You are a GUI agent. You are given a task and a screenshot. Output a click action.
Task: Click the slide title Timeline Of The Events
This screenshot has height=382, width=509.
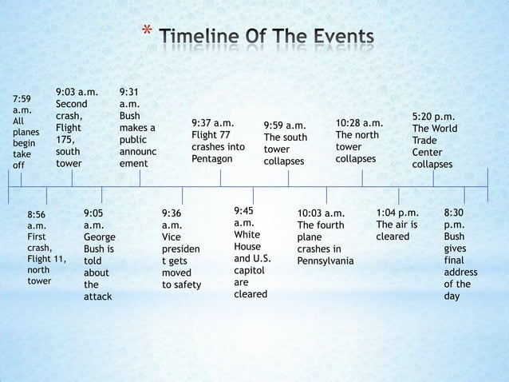[x=265, y=37]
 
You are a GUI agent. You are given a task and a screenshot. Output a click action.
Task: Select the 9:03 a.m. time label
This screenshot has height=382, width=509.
[x=77, y=92]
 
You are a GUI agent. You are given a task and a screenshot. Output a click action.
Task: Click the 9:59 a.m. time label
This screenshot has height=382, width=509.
[x=285, y=125]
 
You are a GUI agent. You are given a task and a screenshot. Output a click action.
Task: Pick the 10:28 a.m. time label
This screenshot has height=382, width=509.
[x=359, y=123]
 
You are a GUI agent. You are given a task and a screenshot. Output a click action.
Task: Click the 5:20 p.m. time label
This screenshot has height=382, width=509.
[x=433, y=116]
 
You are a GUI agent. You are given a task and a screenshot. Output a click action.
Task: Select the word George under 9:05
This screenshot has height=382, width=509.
[x=99, y=237]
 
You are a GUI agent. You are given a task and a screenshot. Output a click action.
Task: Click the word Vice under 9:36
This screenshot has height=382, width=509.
[x=172, y=237]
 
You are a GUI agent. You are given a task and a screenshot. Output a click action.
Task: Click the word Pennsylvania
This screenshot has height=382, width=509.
[x=325, y=261]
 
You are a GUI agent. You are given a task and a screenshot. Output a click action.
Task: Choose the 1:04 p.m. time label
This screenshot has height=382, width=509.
[x=397, y=213]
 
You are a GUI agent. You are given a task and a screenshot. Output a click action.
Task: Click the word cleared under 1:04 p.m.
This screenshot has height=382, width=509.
[x=393, y=237]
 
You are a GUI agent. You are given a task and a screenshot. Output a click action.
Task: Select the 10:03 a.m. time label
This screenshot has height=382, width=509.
[x=321, y=213]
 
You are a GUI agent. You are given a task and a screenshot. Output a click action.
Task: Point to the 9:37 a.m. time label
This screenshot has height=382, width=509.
[x=213, y=123]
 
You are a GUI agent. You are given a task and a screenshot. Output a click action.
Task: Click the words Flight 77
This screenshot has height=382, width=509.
[x=211, y=135]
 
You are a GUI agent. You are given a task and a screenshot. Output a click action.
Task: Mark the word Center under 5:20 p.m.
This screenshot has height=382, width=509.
[x=428, y=152]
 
